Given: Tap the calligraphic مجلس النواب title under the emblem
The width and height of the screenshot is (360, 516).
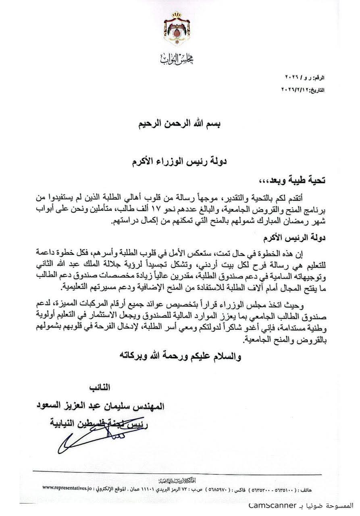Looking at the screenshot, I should pos(179,60).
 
